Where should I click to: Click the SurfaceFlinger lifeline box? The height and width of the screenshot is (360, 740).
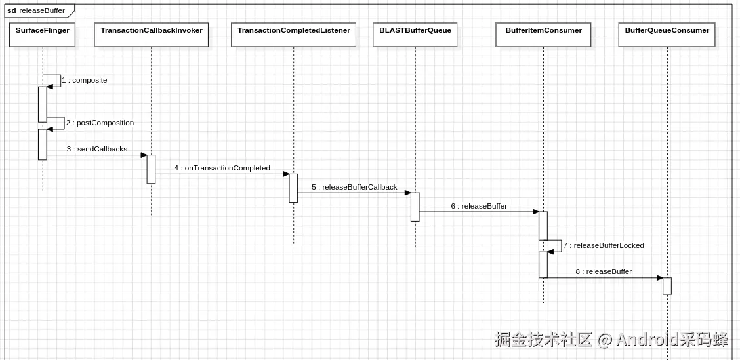(x=43, y=35)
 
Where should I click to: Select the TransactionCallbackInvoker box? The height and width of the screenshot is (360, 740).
(x=152, y=35)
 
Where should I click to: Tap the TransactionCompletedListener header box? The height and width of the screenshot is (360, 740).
(x=293, y=35)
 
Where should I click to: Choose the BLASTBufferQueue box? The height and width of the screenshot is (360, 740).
(x=415, y=35)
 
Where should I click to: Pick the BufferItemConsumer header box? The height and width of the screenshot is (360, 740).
(x=543, y=35)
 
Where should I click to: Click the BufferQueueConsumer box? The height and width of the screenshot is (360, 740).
(x=667, y=35)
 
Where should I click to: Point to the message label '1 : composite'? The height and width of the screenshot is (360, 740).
(x=85, y=80)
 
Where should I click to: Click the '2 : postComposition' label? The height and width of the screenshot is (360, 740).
(x=100, y=123)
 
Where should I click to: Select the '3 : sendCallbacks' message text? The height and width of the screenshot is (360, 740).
(x=97, y=149)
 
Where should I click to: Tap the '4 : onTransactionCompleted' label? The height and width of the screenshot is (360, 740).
(x=222, y=168)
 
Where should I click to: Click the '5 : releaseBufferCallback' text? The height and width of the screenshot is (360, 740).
(x=354, y=187)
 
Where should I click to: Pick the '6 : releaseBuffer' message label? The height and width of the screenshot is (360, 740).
(x=479, y=206)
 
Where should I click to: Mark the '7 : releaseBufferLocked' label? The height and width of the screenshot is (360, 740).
(x=604, y=245)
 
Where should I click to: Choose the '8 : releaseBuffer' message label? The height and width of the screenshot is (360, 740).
(x=604, y=271)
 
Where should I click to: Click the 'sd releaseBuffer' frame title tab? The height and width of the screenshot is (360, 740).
(x=37, y=10)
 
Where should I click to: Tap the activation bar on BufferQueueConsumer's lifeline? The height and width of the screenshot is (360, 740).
(x=667, y=286)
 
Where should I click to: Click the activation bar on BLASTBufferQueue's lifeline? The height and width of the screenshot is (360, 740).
(x=415, y=207)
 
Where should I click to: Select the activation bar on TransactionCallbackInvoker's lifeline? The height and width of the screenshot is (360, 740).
(x=151, y=169)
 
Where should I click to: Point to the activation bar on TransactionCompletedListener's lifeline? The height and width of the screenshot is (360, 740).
(x=293, y=188)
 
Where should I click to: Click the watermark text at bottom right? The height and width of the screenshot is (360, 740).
(x=611, y=339)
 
